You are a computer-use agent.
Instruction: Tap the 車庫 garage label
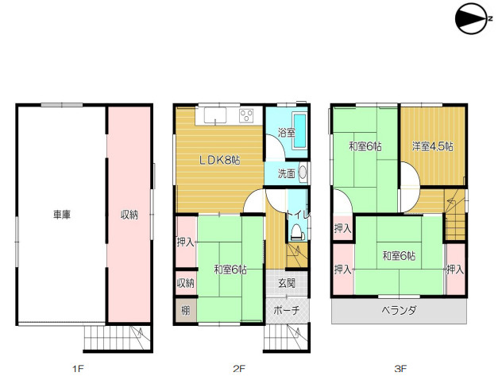click(62, 215)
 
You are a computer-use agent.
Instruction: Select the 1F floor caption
click(78, 369)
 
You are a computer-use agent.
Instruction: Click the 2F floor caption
click(239, 369)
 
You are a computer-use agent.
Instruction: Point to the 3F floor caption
click(400, 369)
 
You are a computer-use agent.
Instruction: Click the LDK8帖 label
click(219, 160)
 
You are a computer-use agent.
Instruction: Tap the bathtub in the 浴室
click(299, 130)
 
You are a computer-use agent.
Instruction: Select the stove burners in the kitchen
click(246, 115)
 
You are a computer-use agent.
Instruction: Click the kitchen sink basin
click(215, 115)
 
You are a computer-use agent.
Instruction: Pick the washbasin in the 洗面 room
click(303, 173)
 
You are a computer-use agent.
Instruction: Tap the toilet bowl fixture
click(297, 231)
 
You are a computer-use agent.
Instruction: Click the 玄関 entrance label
click(287, 283)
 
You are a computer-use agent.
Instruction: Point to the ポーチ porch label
click(286, 310)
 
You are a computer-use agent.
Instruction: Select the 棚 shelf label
click(186, 310)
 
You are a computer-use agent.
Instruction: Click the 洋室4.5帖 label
click(433, 146)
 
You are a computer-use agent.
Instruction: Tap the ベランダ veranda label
click(399, 310)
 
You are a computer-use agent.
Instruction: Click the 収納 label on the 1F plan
click(129, 215)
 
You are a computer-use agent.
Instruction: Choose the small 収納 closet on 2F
click(186, 282)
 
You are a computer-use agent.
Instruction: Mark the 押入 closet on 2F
click(186, 242)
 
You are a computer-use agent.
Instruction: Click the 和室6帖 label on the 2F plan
click(230, 270)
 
